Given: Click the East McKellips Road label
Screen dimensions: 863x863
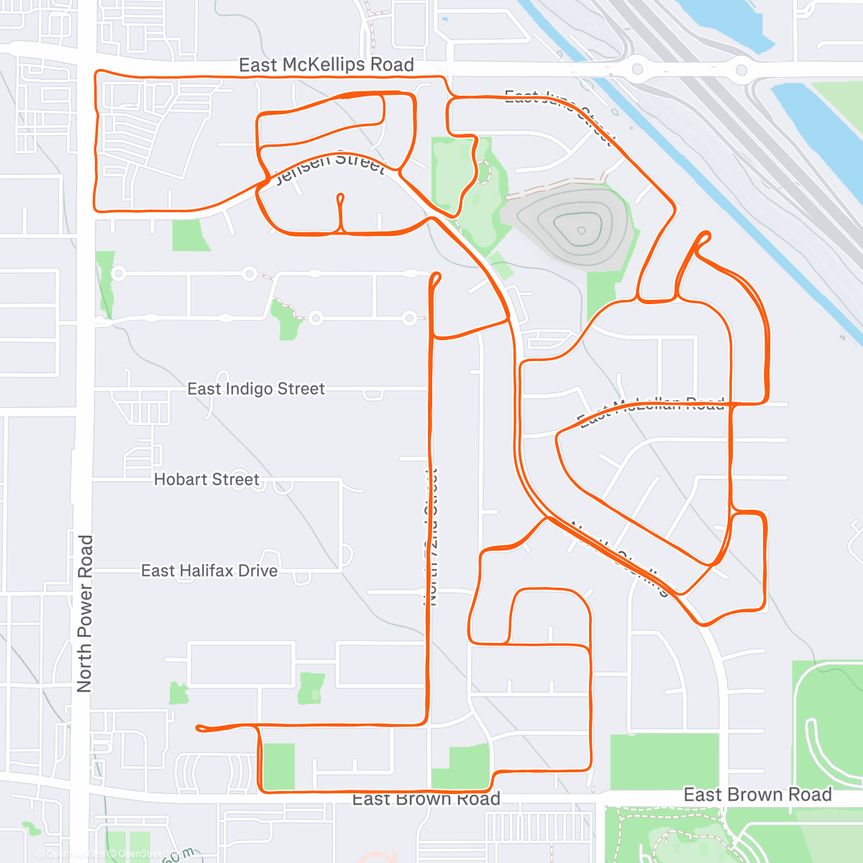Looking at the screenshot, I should coord(326,65).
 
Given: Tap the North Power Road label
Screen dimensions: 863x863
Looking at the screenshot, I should coord(85,613).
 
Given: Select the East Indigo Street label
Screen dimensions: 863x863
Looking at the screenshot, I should coord(256,389).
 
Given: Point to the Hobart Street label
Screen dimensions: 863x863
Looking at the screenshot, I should coord(206,480).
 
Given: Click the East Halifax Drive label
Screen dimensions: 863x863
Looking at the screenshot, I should coord(209,571).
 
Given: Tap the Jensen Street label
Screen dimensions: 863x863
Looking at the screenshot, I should coord(331,166).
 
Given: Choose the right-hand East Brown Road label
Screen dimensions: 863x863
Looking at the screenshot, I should coord(757,795).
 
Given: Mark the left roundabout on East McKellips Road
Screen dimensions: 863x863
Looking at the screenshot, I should coord(636,70).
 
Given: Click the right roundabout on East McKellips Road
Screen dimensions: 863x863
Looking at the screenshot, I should coord(741,70).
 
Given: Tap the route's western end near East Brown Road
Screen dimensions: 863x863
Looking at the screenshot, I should coord(199,729).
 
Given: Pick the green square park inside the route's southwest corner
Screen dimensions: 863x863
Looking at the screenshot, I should coord(278,767).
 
